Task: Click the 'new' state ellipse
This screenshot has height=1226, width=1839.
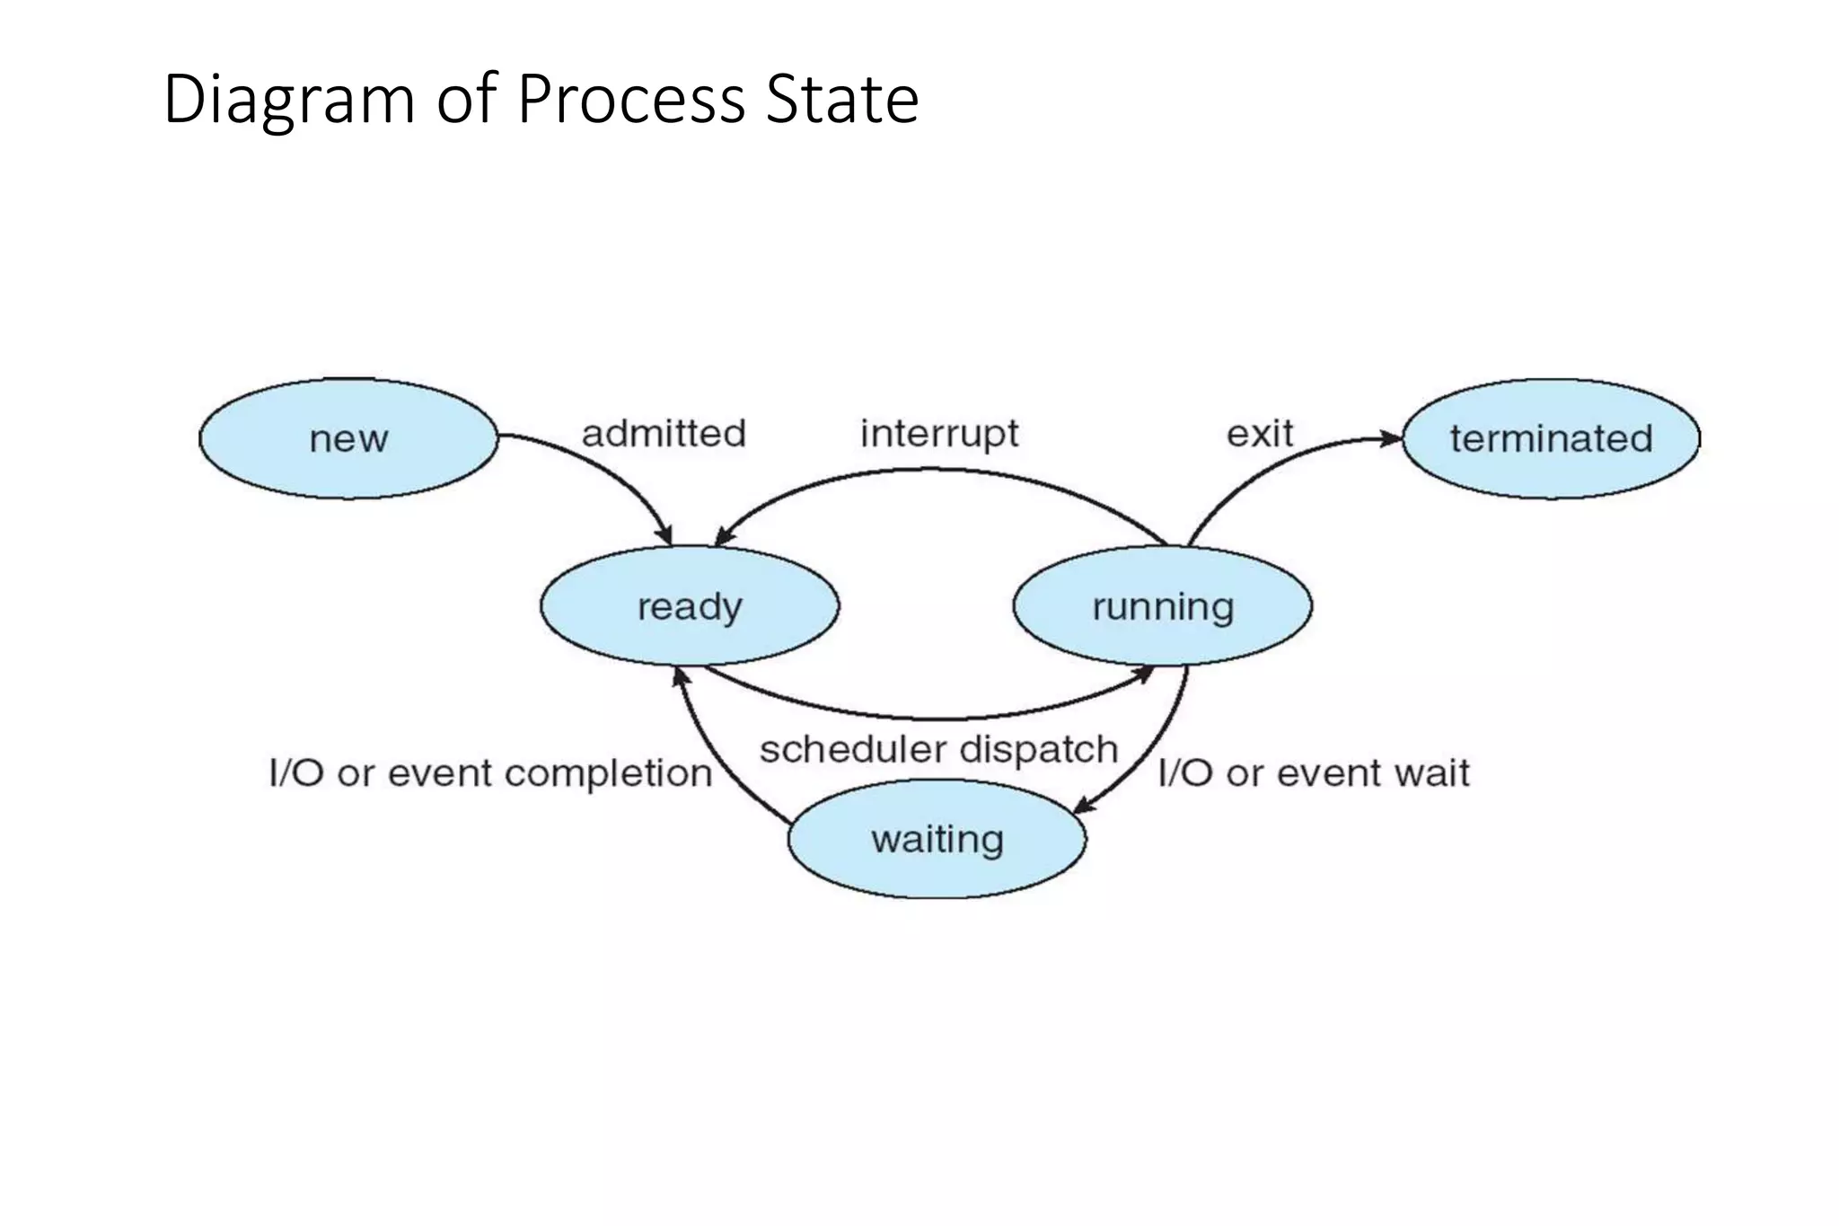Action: click(348, 438)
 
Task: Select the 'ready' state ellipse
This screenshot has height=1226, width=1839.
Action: click(689, 606)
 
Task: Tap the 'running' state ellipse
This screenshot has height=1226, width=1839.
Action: click(1162, 606)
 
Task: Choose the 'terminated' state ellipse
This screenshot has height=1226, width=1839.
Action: click(1551, 438)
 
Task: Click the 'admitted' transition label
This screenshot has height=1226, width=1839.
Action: click(664, 434)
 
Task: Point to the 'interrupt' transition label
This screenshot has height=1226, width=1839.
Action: click(939, 434)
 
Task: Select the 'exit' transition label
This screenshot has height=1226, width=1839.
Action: click(1259, 434)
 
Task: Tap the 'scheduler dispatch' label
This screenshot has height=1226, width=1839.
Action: click(938, 749)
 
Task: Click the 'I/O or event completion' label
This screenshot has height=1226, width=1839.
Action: click(490, 773)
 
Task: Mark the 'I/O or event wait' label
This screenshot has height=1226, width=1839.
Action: click(1314, 773)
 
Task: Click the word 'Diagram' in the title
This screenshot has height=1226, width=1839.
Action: click(288, 99)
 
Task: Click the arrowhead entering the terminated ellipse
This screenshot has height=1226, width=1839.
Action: click(1391, 439)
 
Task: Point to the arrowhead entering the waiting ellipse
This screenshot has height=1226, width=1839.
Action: click(1085, 806)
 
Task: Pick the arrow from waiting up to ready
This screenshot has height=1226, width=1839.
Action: click(705, 745)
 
